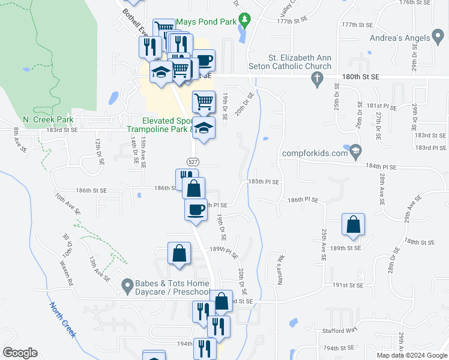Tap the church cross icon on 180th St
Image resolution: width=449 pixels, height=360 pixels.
pyautogui.click(x=318, y=77)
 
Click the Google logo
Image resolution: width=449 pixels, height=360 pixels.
pyautogui.click(x=20, y=353)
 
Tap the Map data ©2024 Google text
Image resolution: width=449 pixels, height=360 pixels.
pyautogui.click(x=411, y=355)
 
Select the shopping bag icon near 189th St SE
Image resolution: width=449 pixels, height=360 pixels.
pyautogui.click(x=353, y=225)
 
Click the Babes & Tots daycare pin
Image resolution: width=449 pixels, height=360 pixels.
pyautogui.click(x=127, y=286)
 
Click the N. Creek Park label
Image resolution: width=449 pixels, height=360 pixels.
pyautogui.click(x=43, y=119)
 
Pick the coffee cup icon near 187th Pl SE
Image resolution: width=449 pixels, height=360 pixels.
pyautogui.click(x=196, y=209)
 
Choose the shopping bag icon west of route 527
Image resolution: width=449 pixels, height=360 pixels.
pyautogui.click(x=179, y=253)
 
